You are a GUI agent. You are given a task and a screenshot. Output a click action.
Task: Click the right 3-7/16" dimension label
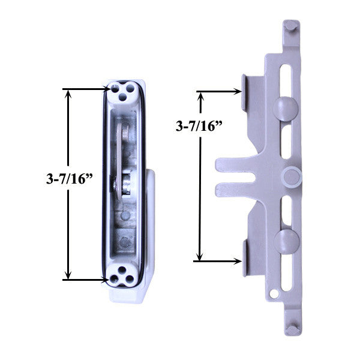tap(198, 126)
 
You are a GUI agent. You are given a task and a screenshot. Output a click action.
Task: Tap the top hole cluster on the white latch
tap(123, 91)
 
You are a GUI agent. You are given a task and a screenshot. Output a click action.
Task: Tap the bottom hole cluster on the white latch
tap(122, 274)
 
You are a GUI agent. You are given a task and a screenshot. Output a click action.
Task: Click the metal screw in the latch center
tap(128, 182)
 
